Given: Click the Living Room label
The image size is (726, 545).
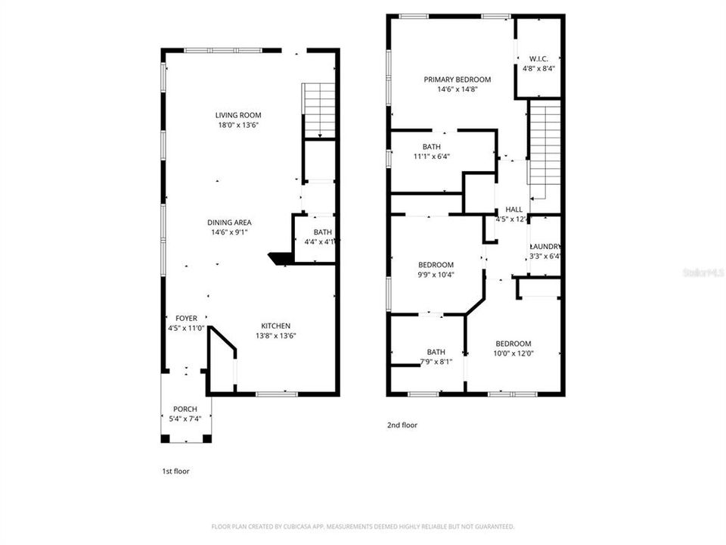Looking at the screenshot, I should tap(238, 115).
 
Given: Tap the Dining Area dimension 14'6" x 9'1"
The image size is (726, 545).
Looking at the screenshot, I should tap(230, 233).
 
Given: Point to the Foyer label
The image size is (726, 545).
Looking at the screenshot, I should tap(186, 319).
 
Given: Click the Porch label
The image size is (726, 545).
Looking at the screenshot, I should tap(185, 409).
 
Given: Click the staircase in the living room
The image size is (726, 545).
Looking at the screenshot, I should tap(319, 111).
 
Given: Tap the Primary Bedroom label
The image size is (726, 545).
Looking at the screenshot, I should tap(457, 79).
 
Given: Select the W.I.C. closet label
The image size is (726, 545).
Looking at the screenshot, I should tap(538, 58).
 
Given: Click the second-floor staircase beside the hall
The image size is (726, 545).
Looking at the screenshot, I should tap(544, 148).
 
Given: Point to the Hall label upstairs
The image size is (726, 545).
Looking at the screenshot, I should tap(513, 210).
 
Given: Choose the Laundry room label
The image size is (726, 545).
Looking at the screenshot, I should tap(544, 247).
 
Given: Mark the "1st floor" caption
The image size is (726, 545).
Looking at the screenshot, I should tap(175, 471).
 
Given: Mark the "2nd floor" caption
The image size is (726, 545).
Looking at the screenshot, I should tap(402, 425).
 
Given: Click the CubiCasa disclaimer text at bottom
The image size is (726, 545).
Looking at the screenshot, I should tap(363, 526).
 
